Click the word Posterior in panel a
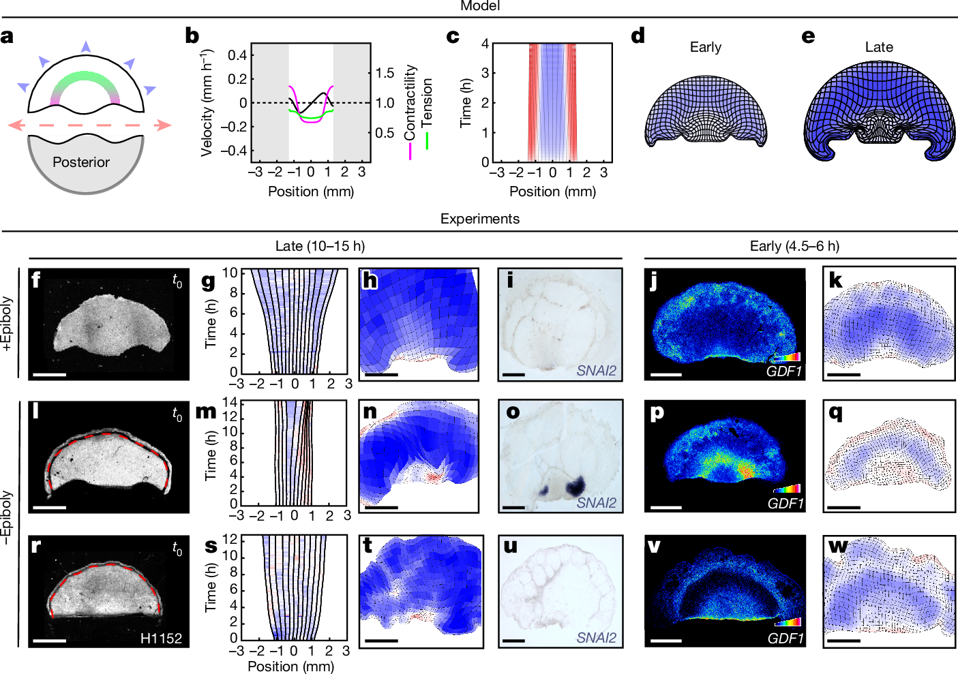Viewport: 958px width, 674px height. pos(80,162)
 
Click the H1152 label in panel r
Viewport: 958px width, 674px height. pos(161,639)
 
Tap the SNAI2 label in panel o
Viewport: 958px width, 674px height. pos(596,503)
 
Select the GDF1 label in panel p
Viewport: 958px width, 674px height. pos(785,504)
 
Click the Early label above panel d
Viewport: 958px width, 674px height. pos(705,47)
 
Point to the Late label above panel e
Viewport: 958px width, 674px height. pos(878,47)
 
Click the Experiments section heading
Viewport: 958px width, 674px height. pos(479,219)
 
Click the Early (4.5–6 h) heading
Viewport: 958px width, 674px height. pos(794,246)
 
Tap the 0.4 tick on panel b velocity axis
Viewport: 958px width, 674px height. pos(237,55)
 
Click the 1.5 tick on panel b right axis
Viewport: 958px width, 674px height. pos(385,73)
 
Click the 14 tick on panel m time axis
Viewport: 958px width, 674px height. pos(230,402)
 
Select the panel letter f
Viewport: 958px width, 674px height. pos(35,279)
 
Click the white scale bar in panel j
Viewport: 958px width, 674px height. pos(666,375)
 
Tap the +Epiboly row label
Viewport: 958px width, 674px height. pos(8,324)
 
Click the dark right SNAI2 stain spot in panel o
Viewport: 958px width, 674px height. pos(575,485)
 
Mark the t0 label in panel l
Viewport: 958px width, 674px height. pos(177,414)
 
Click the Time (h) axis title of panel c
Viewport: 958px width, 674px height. pos(466,103)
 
